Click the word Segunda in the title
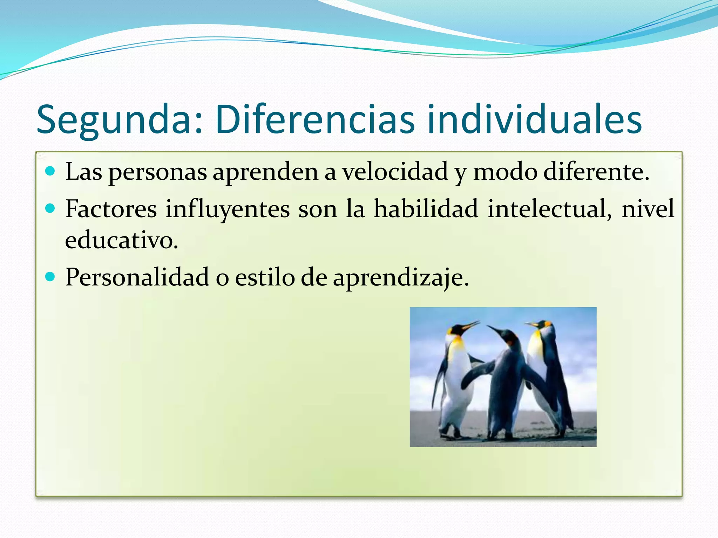[x=113, y=120]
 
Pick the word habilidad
[x=426, y=209]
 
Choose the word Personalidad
[x=137, y=277]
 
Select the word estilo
[x=265, y=277]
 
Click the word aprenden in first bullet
[x=265, y=172]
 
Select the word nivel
[x=648, y=209]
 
